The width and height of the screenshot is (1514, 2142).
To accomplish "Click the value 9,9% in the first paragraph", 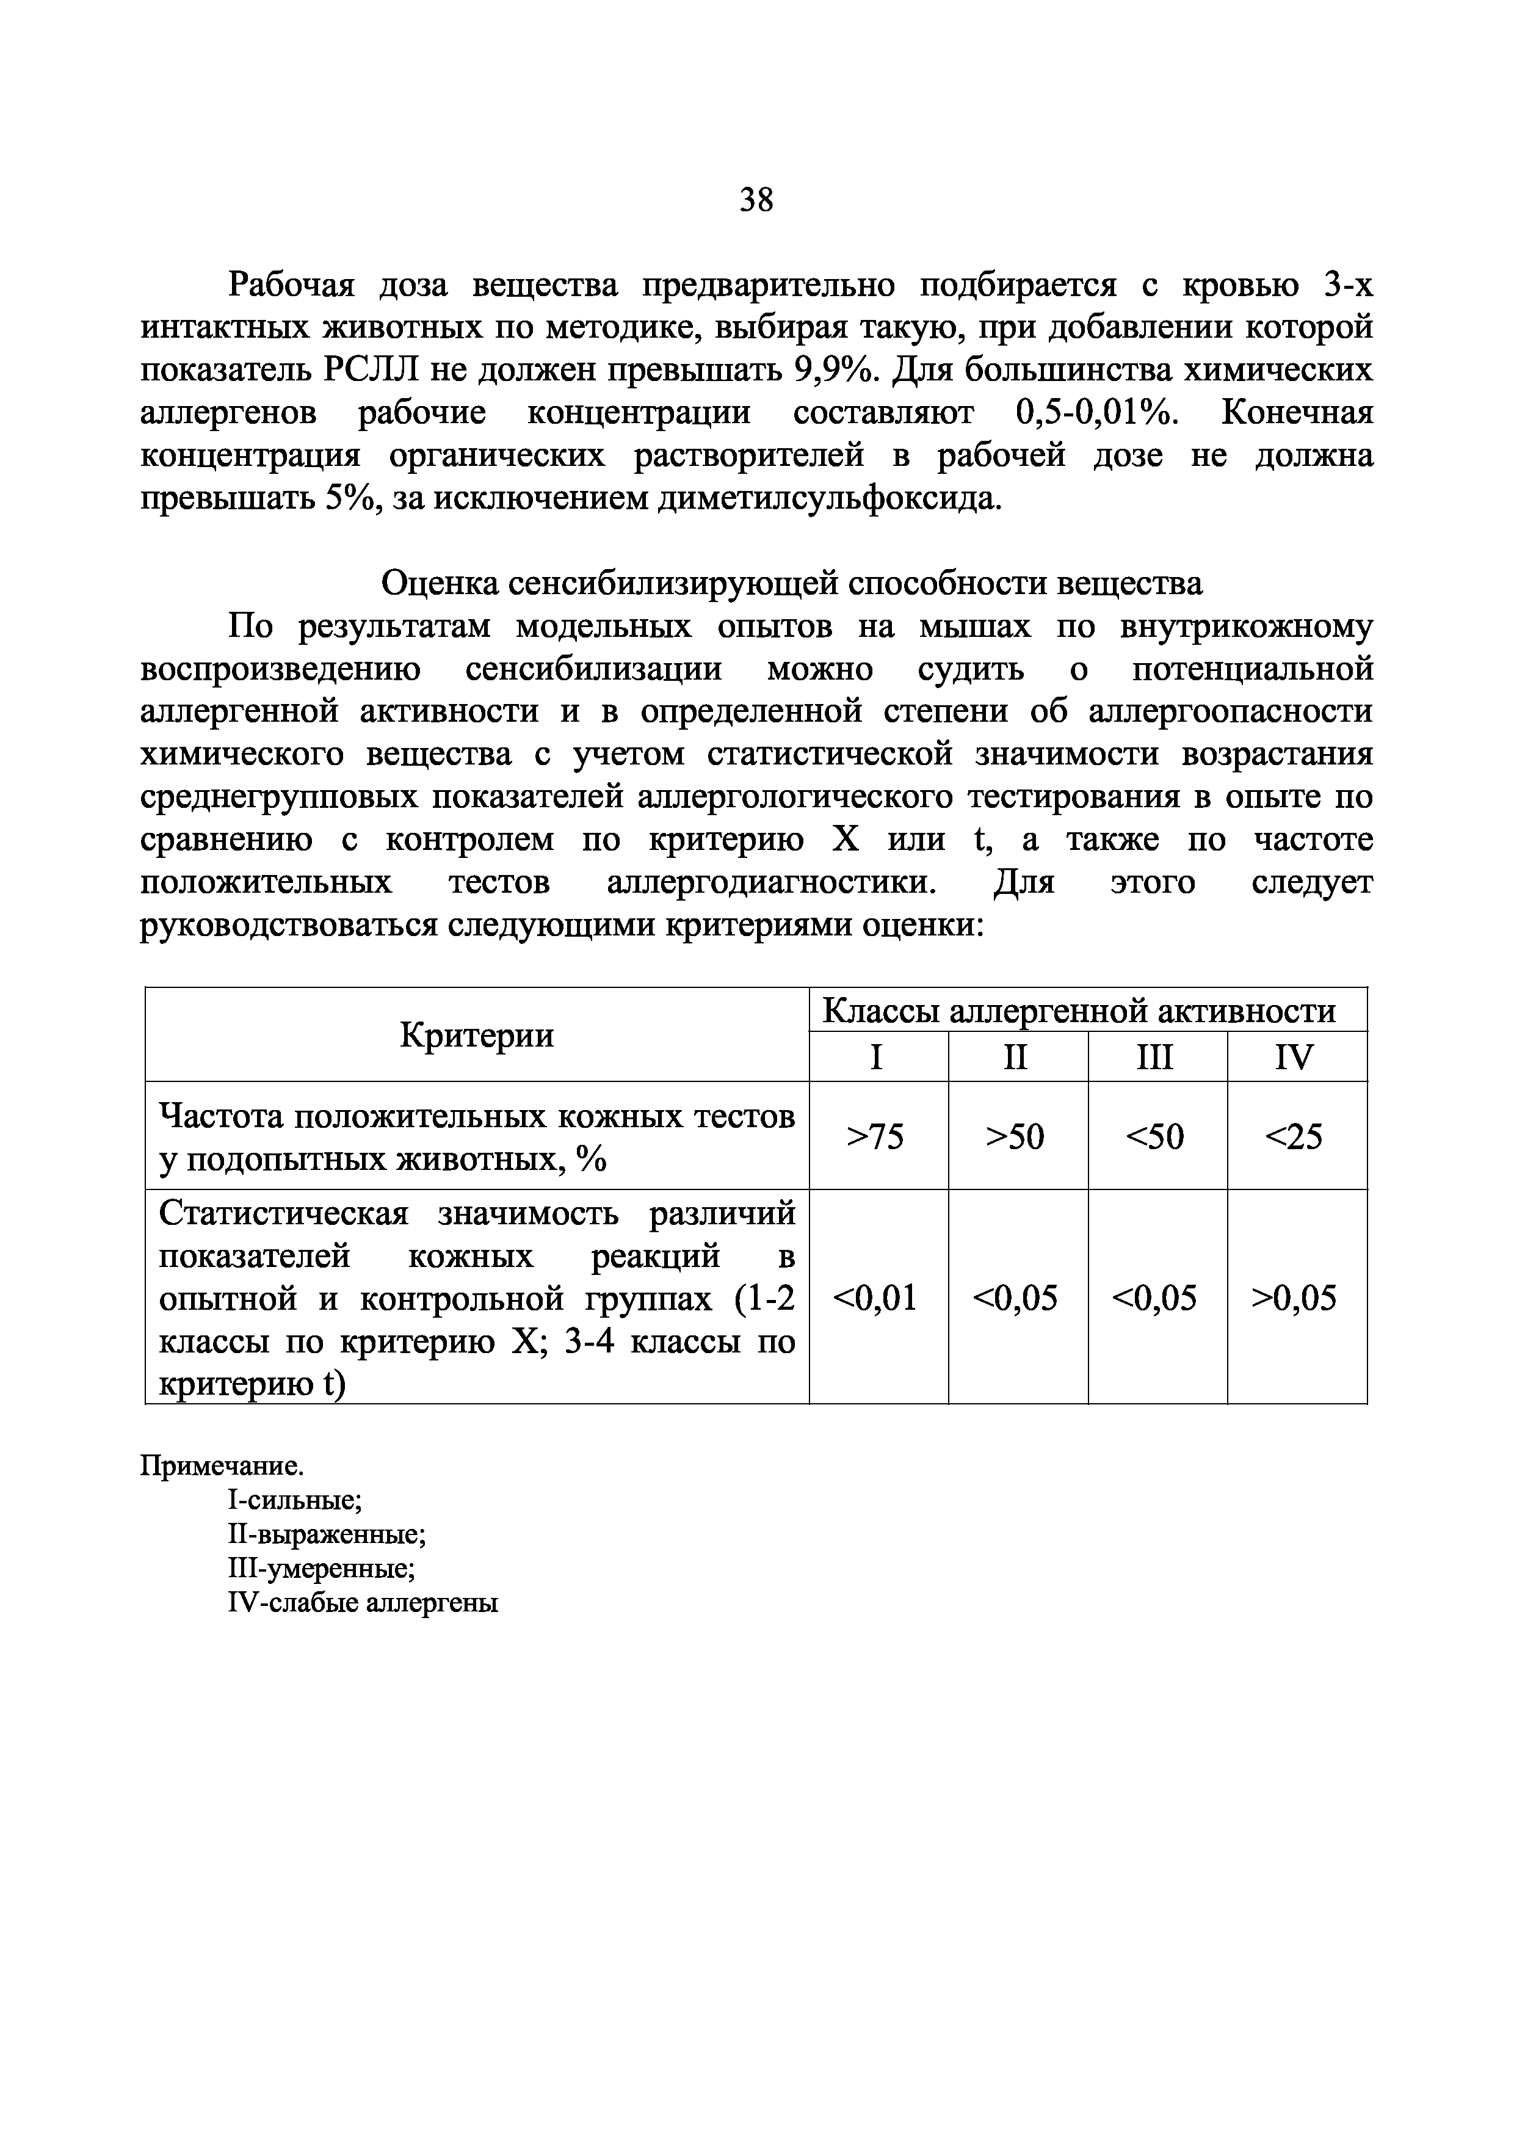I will [837, 371].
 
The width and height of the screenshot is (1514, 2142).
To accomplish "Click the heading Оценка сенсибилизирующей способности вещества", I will [792, 583].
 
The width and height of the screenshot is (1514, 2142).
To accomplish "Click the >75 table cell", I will [875, 1137].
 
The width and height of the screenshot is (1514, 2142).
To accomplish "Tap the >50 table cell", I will [1015, 1137].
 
